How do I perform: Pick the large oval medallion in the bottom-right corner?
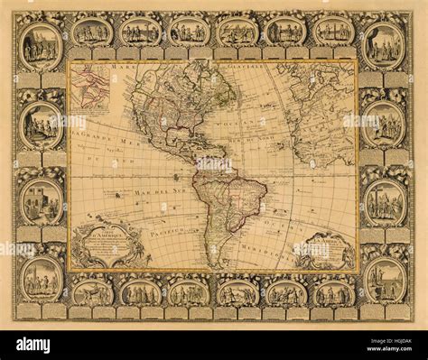pyautogui.click(x=386, y=280)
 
